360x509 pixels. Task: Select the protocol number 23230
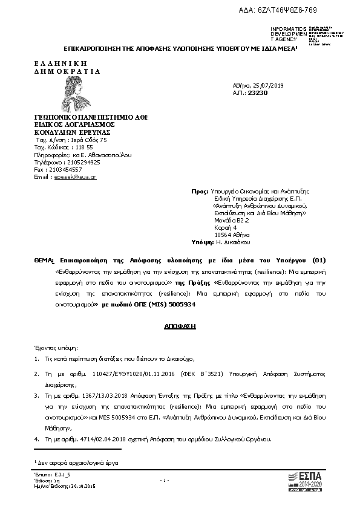coord(258,92)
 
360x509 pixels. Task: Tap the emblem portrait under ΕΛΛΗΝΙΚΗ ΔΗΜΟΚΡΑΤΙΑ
coord(71,94)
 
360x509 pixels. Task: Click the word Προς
coord(199,191)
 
